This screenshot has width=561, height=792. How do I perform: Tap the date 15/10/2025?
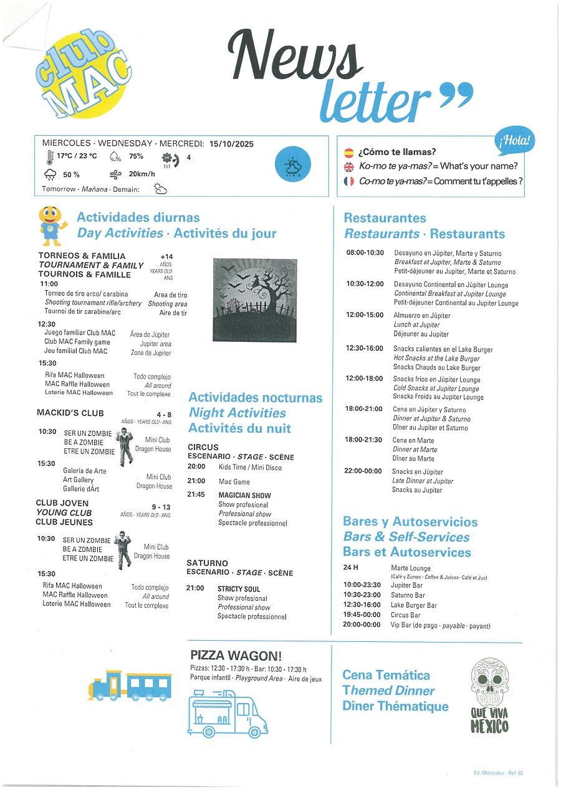coord(232,144)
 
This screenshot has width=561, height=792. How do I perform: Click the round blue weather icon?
coord(292,166)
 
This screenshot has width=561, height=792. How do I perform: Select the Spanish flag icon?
coord(349,152)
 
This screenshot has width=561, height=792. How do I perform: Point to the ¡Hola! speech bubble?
coord(515,142)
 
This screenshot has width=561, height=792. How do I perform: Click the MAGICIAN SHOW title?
coord(244,495)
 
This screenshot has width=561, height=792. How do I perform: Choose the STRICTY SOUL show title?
coord(239,589)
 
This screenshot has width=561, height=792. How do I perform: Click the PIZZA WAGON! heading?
coord(236,655)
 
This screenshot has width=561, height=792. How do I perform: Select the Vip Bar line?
coord(440,625)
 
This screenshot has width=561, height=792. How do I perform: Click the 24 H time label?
coord(350,568)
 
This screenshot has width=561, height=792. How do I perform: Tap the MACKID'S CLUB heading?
coord(70,413)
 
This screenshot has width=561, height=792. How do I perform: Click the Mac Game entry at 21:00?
coord(234,481)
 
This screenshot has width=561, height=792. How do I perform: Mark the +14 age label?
coord(166,257)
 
